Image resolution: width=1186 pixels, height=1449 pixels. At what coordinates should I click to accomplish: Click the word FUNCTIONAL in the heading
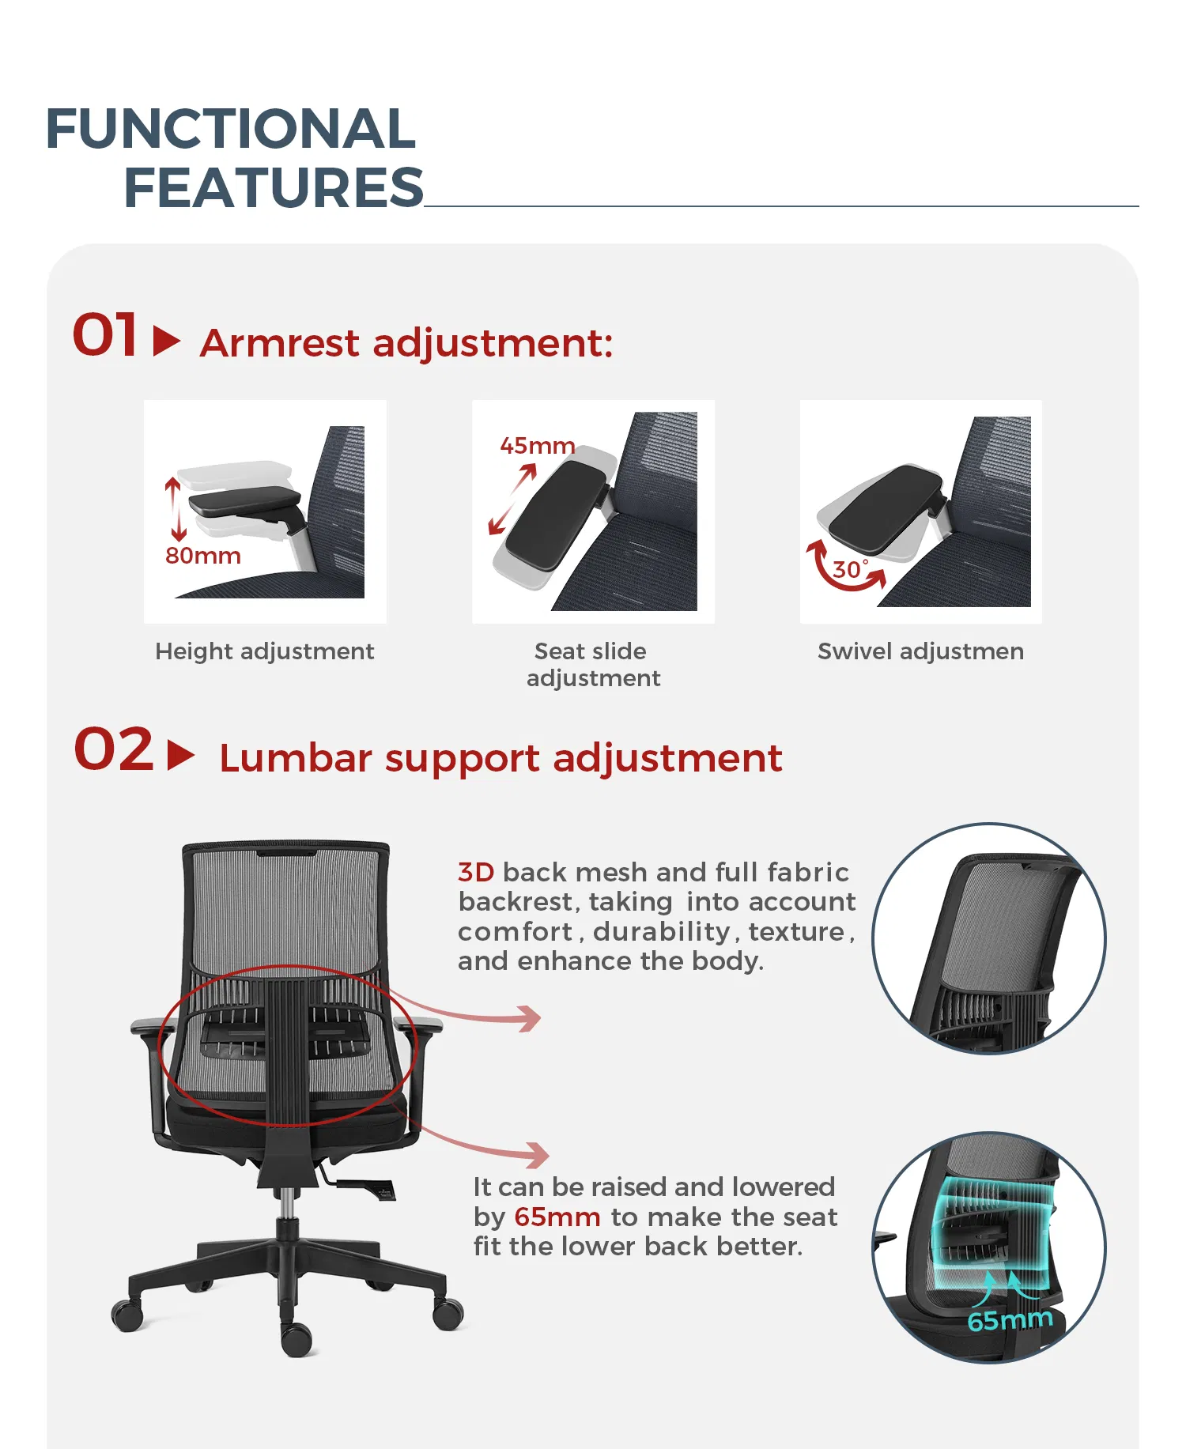click(231, 129)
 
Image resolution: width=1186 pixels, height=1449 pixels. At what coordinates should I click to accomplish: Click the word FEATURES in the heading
click(274, 188)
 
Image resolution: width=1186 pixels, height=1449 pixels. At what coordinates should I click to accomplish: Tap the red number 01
click(105, 335)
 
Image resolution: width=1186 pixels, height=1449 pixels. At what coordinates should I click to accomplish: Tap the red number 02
click(114, 749)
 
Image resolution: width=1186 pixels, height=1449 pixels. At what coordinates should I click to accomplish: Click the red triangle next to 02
click(180, 755)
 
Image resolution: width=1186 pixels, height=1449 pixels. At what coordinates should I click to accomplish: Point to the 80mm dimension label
click(203, 556)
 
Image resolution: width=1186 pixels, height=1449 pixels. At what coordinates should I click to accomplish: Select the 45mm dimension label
click(537, 446)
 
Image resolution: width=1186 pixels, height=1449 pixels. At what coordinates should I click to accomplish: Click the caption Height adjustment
click(264, 651)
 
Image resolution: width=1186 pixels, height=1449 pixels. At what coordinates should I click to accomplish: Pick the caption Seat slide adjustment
click(593, 665)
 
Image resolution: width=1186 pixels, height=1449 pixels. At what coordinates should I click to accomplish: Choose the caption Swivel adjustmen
click(920, 651)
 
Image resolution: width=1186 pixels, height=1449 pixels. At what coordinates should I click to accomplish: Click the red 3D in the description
click(476, 872)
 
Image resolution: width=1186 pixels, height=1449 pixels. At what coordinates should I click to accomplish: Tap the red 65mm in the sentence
click(557, 1217)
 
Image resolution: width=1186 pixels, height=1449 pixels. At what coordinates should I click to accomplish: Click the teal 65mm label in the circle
click(1010, 1320)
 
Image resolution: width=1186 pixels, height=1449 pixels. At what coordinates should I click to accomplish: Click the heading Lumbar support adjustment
click(500, 758)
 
